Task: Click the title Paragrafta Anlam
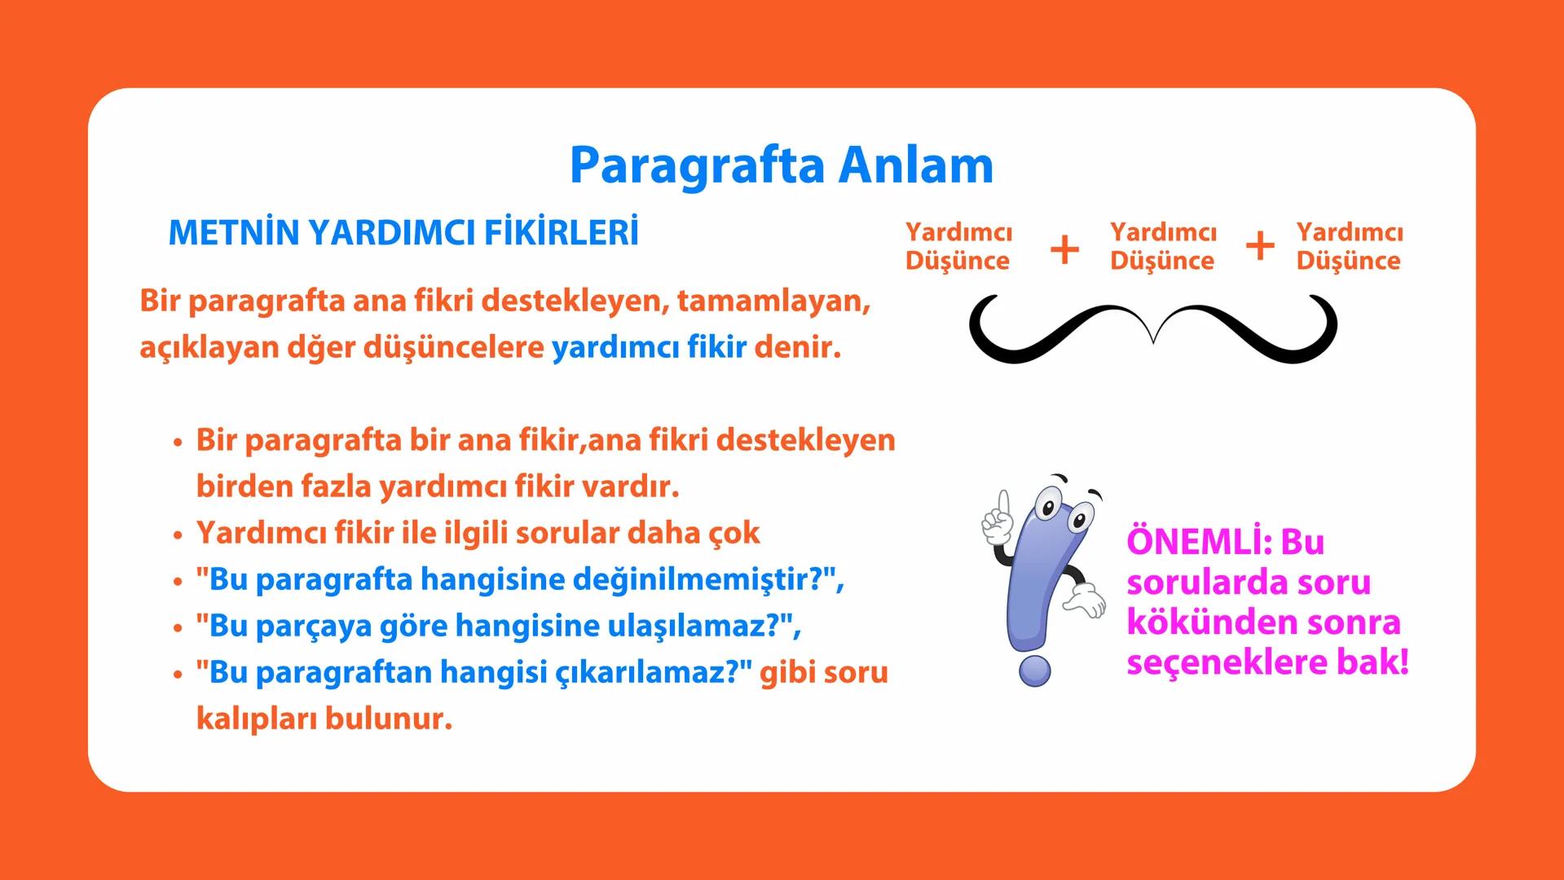[x=781, y=165]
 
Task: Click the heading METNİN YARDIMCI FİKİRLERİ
[x=403, y=233]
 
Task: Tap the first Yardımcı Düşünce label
[x=958, y=246]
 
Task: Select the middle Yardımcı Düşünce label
[x=1162, y=246]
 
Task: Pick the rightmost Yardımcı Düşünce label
[x=1349, y=246]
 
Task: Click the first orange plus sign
[x=1064, y=249]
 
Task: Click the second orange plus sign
[x=1260, y=246]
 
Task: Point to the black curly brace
[x=1152, y=330]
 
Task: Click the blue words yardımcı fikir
[x=649, y=348]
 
